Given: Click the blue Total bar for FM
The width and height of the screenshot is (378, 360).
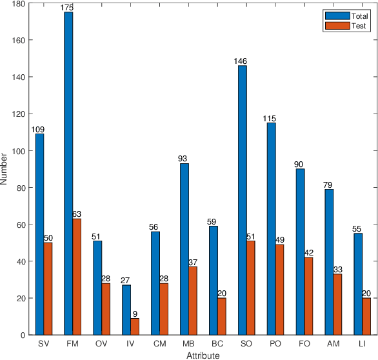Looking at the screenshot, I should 68,165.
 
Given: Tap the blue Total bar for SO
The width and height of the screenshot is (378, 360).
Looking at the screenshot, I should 243,191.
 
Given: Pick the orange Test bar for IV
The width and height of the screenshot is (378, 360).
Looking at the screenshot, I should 135,308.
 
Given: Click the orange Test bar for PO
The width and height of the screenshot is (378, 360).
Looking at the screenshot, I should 280,272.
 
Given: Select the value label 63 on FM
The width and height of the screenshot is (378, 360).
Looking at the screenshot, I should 77,214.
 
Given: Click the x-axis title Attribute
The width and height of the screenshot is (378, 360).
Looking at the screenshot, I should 203,355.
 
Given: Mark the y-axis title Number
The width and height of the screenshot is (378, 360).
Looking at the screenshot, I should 5,169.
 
